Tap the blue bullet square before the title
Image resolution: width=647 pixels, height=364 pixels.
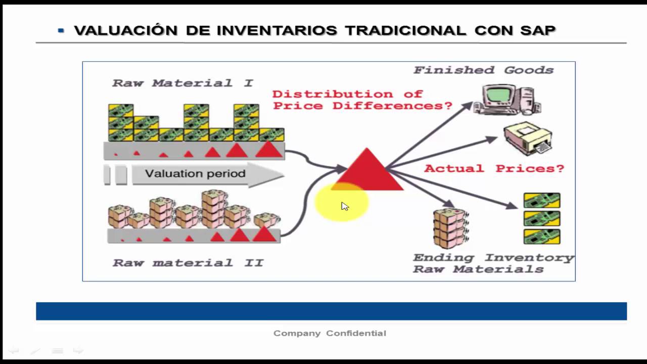click(61, 30)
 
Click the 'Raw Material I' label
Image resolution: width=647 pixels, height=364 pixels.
click(182, 83)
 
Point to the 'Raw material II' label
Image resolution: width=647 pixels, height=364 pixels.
click(188, 263)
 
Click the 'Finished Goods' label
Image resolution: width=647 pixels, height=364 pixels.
click(484, 70)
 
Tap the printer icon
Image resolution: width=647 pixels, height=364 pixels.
click(528, 139)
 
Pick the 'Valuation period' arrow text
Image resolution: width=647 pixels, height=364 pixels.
click(195, 174)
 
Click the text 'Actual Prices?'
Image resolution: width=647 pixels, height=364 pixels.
click(494, 168)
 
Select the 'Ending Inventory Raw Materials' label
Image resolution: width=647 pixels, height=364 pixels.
click(493, 263)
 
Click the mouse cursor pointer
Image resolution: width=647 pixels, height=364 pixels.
click(344, 205)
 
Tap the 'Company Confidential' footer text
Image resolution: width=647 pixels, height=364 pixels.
click(330, 333)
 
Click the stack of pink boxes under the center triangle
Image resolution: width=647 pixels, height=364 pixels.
click(450, 228)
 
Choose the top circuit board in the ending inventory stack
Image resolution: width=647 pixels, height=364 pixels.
click(542, 201)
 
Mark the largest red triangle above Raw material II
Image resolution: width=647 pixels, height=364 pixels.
click(264, 234)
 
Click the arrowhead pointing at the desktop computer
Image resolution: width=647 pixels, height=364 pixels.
click(468, 104)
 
